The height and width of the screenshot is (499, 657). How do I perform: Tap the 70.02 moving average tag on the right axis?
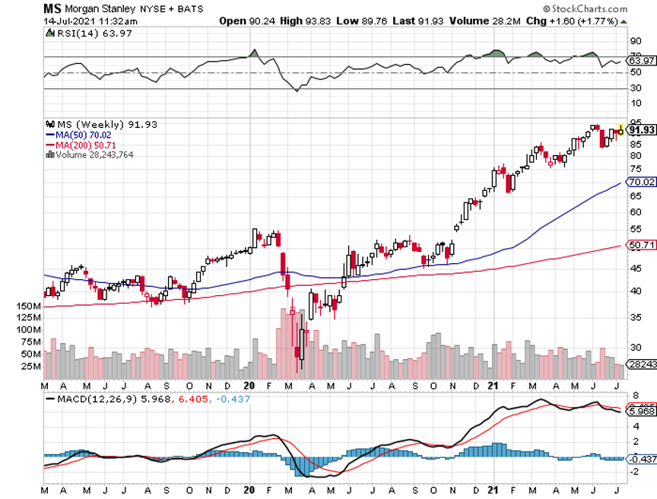[x=641, y=182]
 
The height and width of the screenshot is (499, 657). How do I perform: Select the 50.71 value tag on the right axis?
[x=641, y=245]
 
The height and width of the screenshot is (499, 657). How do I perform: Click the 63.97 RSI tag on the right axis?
[x=640, y=60]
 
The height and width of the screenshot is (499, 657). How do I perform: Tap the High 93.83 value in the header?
[x=303, y=21]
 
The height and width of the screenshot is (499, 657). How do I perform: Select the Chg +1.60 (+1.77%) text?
[x=569, y=21]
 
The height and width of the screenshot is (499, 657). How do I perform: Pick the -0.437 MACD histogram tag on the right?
[x=640, y=459]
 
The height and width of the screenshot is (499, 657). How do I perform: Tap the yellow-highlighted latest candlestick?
[x=620, y=130]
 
